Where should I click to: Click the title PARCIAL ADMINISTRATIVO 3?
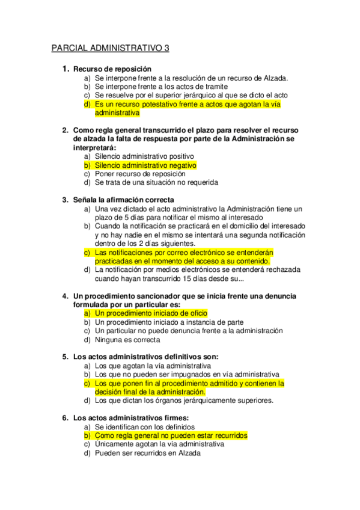(x=111, y=48)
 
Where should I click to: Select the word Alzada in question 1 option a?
(x=275, y=78)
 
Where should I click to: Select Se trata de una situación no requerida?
(x=156, y=182)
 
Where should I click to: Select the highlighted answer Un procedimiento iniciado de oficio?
(x=150, y=313)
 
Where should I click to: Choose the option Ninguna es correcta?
(x=127, y=339)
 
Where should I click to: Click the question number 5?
(x=65, y=357)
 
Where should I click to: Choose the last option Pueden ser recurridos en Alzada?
(x=147, y=453)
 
